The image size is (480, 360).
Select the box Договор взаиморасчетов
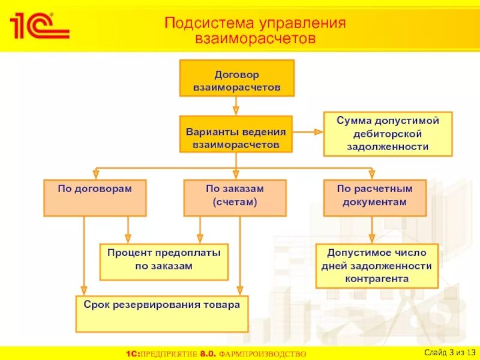click(x=236, y=78)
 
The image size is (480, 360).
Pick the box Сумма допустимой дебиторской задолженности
click(x=388, y=134)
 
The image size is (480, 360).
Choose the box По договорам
click(x=95, y=197)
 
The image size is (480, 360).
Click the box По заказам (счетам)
click(x=235, y=197)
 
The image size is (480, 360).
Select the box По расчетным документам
click(x=375, y=197)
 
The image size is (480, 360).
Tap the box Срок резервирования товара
click(x=162, y=313)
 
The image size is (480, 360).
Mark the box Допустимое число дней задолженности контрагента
click(x=377, y=265)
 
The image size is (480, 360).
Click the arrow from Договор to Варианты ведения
click(x=236, y=106)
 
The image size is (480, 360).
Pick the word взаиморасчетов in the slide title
click(x=255, y=38)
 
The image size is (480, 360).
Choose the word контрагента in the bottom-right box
click(x=377, y=279)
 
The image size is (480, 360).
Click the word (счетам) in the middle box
click(x=235, y=203)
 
